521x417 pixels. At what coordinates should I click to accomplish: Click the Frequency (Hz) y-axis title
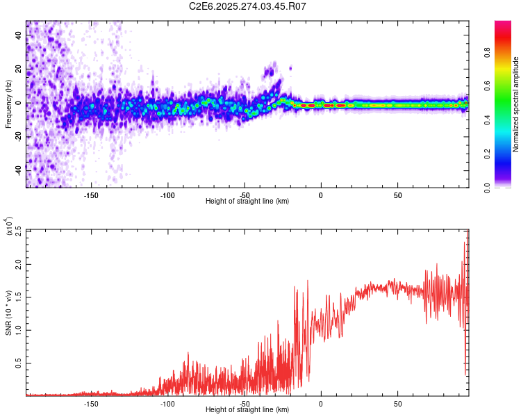point(8,105)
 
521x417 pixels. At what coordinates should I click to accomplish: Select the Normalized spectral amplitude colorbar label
point(515,105)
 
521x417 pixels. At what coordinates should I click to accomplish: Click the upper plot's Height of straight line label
point(247,202)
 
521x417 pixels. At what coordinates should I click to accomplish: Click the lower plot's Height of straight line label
point(247,410)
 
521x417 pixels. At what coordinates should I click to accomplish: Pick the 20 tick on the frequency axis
point(19,69)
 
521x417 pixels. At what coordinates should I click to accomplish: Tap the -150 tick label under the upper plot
point(91,195)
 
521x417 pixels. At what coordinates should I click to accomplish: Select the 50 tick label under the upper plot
point(397,195)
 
